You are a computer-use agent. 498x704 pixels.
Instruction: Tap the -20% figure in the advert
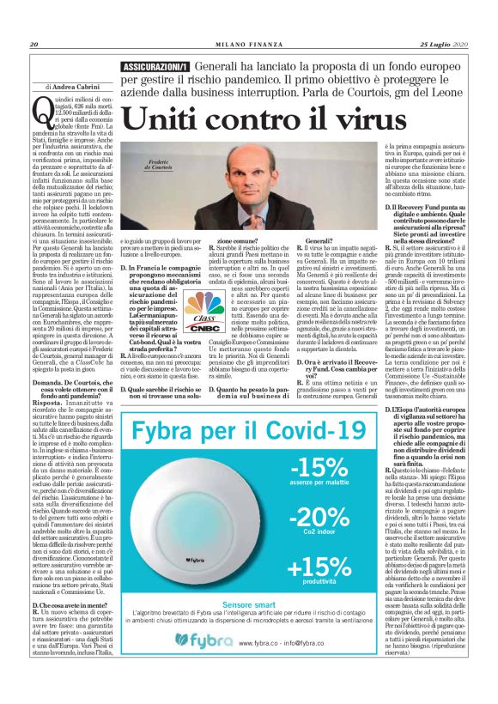tap(319, 518)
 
